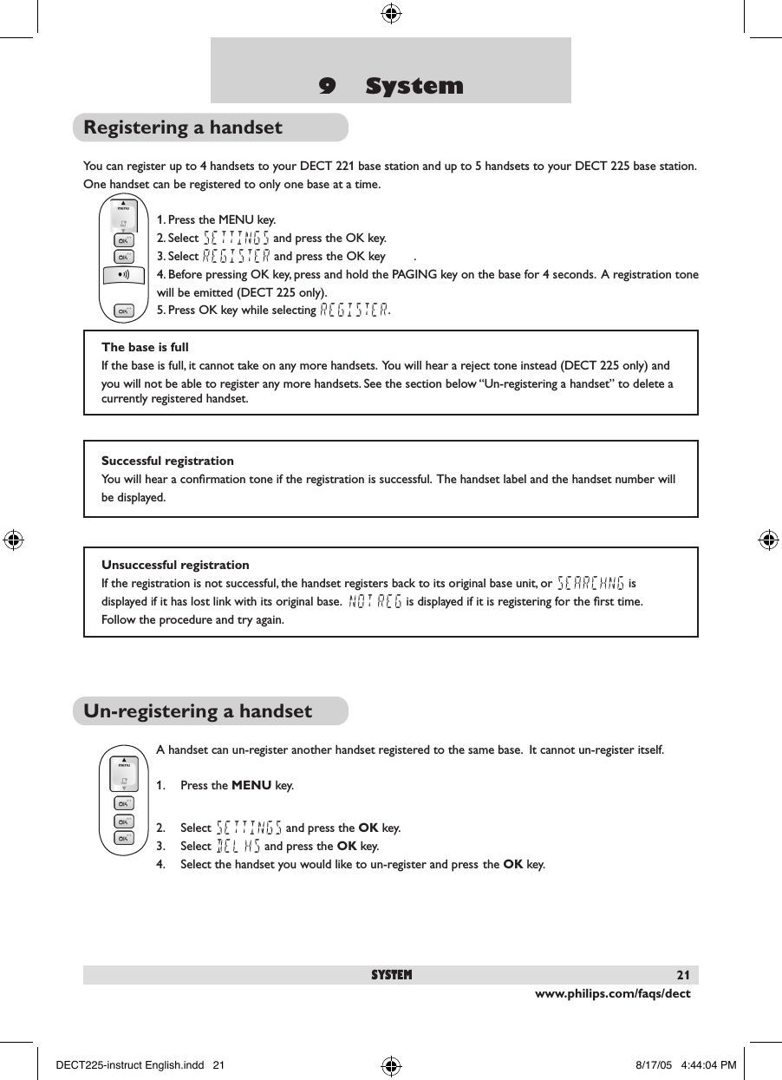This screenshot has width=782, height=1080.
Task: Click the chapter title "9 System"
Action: coord(391,86)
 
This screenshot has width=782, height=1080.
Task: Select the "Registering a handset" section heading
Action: coord(183,128)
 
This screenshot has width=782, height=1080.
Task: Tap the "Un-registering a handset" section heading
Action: coord(198,711)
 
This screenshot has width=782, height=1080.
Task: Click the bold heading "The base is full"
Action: coord(145,347)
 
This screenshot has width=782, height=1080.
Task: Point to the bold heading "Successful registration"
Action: coord(167,461)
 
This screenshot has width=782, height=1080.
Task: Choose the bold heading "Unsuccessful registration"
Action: coord(175,565)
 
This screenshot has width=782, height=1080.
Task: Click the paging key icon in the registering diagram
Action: coord(124,274)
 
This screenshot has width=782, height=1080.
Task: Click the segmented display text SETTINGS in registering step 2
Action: coord(236,238)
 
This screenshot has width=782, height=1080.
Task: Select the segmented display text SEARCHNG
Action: coord(590,582)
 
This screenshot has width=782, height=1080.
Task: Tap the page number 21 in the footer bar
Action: coord(683,975)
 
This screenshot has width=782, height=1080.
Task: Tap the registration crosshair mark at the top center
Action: coord(390,13)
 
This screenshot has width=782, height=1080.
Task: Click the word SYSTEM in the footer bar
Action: coord(392,975)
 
